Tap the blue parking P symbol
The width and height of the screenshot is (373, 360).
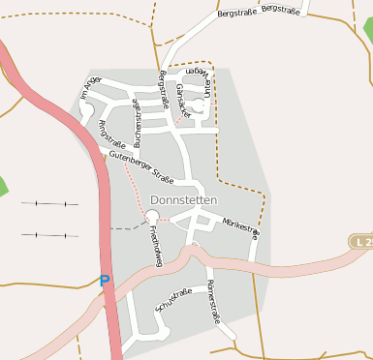[x=105, y=281]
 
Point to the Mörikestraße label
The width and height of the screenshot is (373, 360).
[x=240, y=227]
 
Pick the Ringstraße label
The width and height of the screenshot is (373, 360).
[x=108, y=136]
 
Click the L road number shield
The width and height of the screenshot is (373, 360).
[x=363, y=240]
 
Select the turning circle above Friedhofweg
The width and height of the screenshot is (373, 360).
[x=152, y=216]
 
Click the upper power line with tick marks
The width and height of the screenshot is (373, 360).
[x=49, y=204]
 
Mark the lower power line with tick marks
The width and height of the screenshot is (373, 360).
[x=49, y=234]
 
